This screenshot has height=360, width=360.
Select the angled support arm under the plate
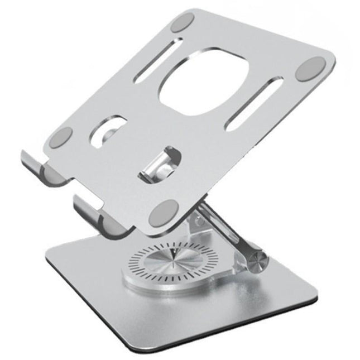pos(223,229)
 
